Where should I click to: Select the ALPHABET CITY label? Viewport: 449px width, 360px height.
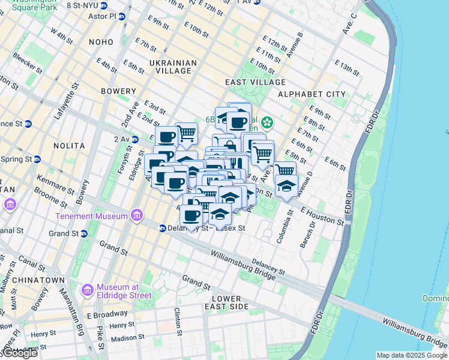coord(312,94)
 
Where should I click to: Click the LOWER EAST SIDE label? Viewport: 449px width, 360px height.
coord(226,302)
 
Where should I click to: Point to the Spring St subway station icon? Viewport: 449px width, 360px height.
coord(37,160)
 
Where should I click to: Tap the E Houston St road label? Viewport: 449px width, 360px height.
coord(322,217)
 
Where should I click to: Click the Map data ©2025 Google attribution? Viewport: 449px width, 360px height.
coord(412,355)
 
